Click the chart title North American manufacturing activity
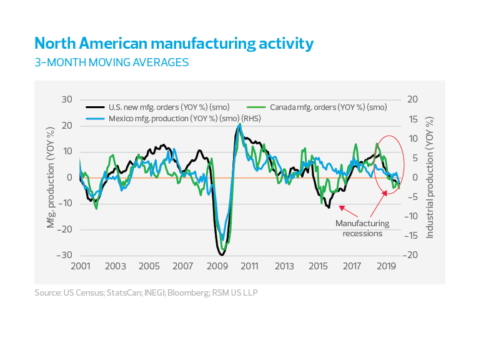click(174, 44)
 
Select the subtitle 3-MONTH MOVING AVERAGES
click(111, 62)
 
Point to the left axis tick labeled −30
click(64, 256)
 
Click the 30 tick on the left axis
click(67, 100)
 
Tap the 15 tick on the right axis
click(412, 119)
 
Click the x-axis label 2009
click(216, 266)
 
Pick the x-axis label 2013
click(284, 266)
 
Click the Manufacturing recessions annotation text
click(362, 228)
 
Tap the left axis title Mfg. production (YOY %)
click(51, 177)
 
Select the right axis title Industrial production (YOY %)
click(430, 177)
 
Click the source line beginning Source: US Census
click(146, 292)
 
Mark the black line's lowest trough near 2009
click(221, 254)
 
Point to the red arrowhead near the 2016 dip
click(340, 207)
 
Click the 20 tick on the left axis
click(67, 126)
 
